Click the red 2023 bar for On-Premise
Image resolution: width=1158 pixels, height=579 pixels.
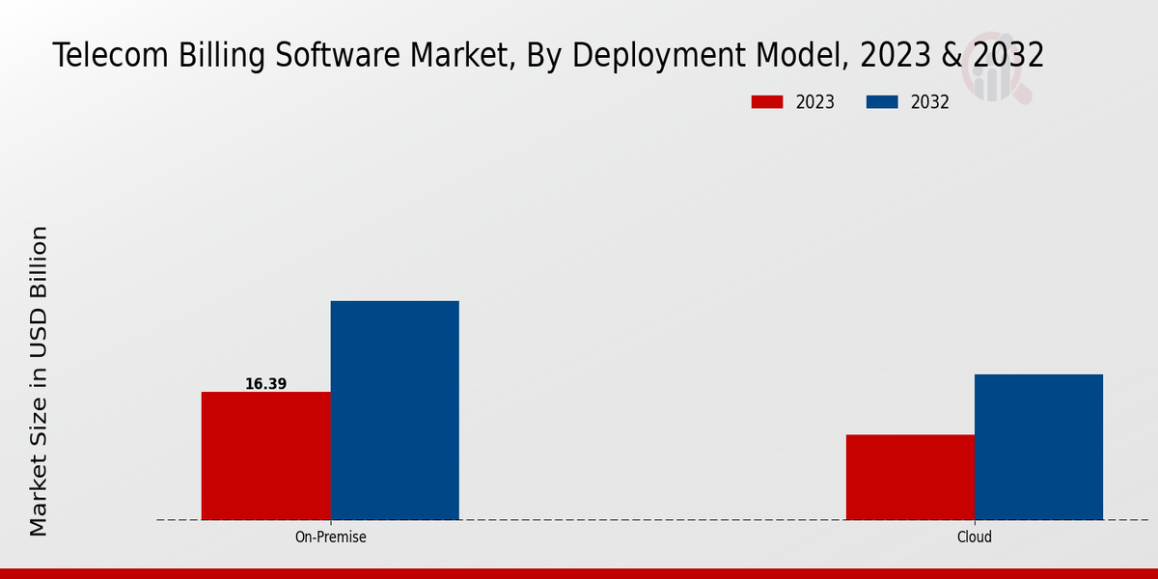(x=265, y=455)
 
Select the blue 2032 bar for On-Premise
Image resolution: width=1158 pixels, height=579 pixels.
(x=395, y=410)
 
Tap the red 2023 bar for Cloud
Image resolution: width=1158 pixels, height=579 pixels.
(x=910, y=477)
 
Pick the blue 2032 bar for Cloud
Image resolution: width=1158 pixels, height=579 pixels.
(x=1038, y=447)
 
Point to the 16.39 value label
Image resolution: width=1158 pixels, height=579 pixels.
(x=265, y=384)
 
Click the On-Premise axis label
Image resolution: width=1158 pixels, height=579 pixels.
(x=330, y=537)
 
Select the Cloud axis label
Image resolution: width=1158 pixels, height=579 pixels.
(x=975, y=537)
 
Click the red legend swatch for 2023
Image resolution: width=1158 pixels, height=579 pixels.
(x=767, y=102)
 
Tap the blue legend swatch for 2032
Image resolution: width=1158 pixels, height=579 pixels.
(x=883, y=102)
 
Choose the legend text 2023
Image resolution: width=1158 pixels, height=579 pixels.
(x=815, y=102)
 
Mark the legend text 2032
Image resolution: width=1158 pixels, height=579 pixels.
(x=930, y=102)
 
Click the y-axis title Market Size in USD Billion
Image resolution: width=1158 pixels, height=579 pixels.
(x=39, y=381)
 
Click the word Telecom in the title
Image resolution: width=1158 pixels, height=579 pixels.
(x=108, y=56)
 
